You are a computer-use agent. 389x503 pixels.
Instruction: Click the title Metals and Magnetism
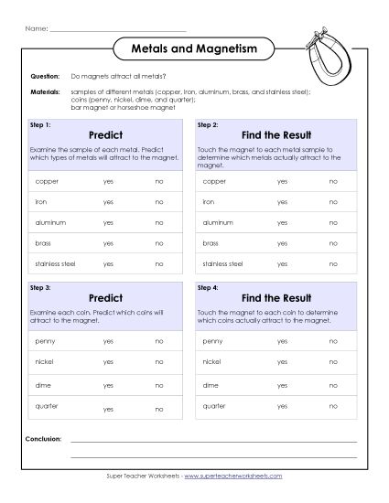tap(195, 48)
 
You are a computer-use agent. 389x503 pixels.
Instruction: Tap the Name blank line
tap(117, 28)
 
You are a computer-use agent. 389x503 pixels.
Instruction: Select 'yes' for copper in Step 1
tap(109, 181)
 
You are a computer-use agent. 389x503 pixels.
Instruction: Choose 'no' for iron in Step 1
tap(159, 201)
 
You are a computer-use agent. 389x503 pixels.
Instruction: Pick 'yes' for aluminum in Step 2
tap(282, 221)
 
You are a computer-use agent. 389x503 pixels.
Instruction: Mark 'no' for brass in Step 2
tap(332, 242)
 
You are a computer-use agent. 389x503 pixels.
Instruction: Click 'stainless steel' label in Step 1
tap(53, 262)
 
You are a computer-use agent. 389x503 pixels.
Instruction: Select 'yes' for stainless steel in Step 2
tap(282, 262)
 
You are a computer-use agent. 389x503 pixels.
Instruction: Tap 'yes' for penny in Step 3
tap(109, 340)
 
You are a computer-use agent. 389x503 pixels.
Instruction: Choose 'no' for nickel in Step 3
tap(159, 362)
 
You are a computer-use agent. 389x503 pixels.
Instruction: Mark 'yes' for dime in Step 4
tap(282, 384)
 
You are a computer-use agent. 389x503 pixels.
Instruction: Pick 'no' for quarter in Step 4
tap(332, 406)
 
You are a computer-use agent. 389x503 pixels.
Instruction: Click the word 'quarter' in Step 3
tap(46, 406)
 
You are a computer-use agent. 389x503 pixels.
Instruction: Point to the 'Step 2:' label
tap(207, 123)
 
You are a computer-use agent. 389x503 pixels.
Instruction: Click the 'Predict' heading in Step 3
tap(106, 298)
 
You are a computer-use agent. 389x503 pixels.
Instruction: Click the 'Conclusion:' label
tap(44, 440)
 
